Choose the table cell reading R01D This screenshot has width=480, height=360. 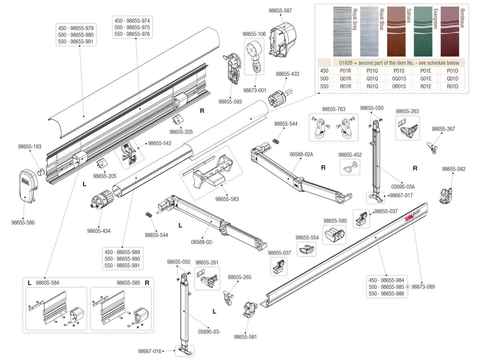[452, 86]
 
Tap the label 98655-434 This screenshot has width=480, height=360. [99, 231]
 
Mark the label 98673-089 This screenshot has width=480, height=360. [423, 287]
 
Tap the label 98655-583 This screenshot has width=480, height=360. [227, 199]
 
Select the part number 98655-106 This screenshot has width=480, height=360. [254, 34]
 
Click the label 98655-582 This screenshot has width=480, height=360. [454, 169]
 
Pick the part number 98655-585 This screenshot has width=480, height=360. [128, 283]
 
